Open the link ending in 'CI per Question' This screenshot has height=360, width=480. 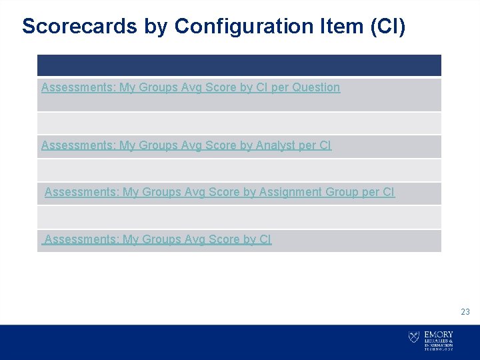click(191, 87)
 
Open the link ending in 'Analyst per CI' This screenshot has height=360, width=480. click(186, 145)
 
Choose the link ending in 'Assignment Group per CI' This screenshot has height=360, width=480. click(219, 192)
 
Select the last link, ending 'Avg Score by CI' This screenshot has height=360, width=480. click(157, 239)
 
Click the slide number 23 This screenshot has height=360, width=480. click(465, 311)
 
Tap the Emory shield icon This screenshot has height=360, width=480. click(414, 338)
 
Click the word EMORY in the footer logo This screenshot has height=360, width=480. click(439, 335)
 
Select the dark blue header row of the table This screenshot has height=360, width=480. click(239, 65)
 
